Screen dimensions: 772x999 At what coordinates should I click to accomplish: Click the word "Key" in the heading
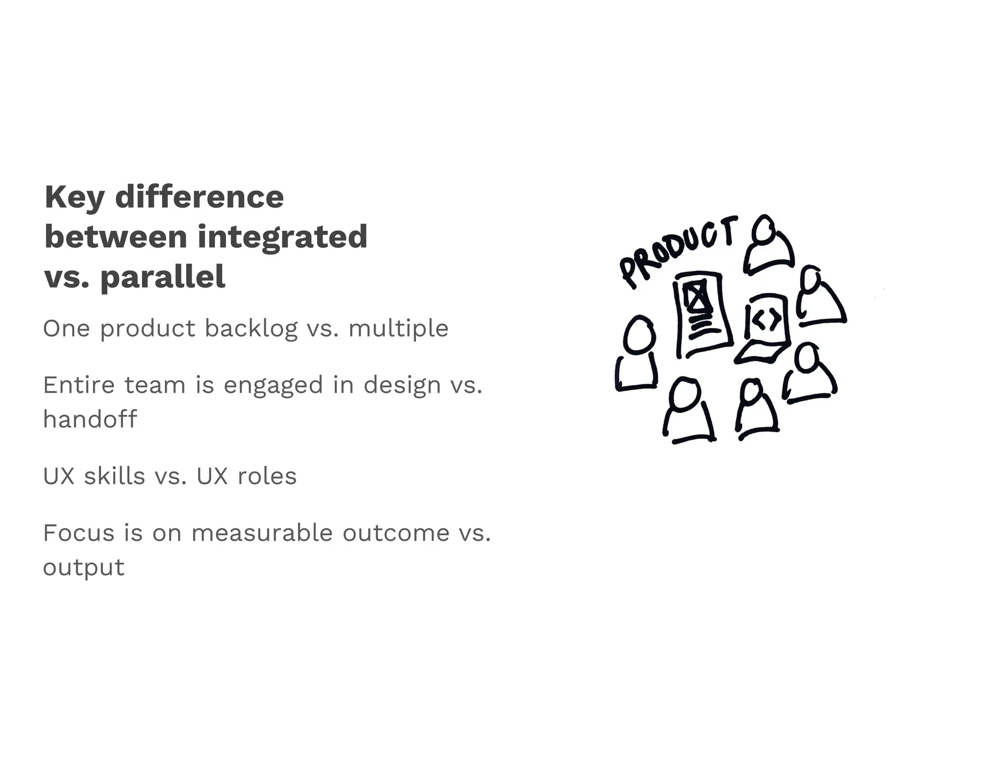(x=74, y=198)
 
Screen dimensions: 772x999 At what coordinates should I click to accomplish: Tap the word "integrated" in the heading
(x=282, y=237)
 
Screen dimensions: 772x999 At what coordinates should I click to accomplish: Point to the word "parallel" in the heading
(x=163, y=277)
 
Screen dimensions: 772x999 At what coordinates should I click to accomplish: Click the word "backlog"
(x=251, y=329)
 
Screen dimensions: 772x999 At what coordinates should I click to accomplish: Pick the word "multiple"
(x=398, y=329)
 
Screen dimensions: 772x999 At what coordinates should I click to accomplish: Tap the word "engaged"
(x=273, y=386)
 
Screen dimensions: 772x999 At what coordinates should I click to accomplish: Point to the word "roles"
(x=267, y=476)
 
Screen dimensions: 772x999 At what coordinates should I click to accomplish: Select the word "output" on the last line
(x=84, y=568)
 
